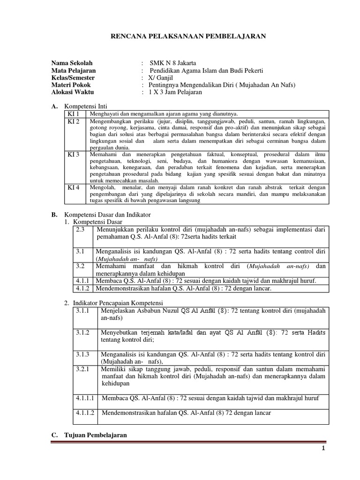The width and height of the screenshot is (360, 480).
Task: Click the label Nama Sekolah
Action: tap(72, 63)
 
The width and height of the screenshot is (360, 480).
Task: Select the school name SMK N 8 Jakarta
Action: tap(173, 63)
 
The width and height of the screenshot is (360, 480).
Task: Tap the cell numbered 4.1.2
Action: tap(83, 288)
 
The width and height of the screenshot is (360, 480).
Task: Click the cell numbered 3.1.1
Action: tap(83, 311)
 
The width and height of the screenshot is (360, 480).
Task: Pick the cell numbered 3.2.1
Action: tap(83, 370)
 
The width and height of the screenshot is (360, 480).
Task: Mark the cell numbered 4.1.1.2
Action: tap(85, 413)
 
